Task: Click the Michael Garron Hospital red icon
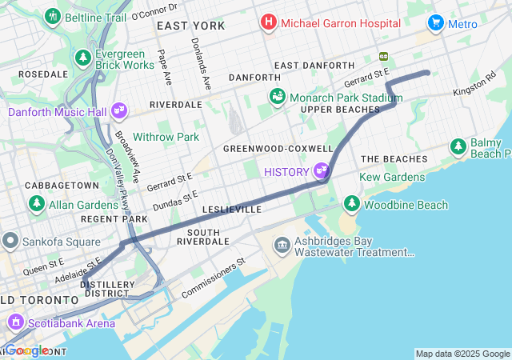pos(269,23)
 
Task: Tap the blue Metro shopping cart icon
pos(435,23)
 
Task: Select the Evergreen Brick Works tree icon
pos(83,58)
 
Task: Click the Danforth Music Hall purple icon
pos(119,110)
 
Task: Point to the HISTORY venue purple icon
pos(322,170)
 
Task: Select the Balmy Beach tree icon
pos(458,146)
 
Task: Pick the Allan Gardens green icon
pos(37,204)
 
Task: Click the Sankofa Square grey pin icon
pos(10,240)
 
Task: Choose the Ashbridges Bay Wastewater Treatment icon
pos(282,245)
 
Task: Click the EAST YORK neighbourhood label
pos(190,26)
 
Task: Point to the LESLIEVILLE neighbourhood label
pos(232,209)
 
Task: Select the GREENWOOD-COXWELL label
pos(278,149)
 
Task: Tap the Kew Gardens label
pos(393,176)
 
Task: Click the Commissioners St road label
pos(213,278)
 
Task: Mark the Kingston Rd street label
pos(474,88)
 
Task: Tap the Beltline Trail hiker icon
pos(53,16)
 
